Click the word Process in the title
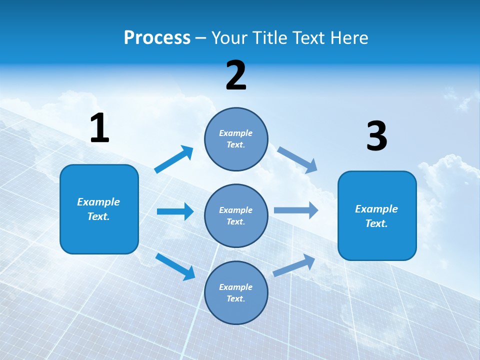[x=157, y=37]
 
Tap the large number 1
[x=99, y=128]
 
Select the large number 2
[x=236, y=75]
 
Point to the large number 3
[x=376, y=136]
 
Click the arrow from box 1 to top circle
[x=173, y=159]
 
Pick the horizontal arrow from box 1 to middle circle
[x=175, y=211]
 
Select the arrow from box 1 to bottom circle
[x=175, y=266]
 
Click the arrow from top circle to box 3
[x=297, y=160]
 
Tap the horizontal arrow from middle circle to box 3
[x=296, y=210]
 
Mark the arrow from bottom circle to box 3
[x=294, y=265]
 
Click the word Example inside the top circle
[x=236, y=133]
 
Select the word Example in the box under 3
[x=376, y=209]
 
